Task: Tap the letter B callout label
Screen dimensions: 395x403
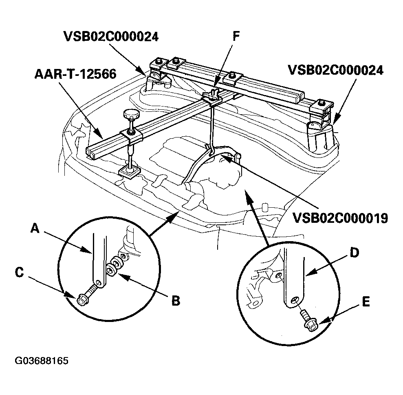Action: (176, 301)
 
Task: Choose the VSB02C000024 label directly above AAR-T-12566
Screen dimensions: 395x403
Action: (111, 36)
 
